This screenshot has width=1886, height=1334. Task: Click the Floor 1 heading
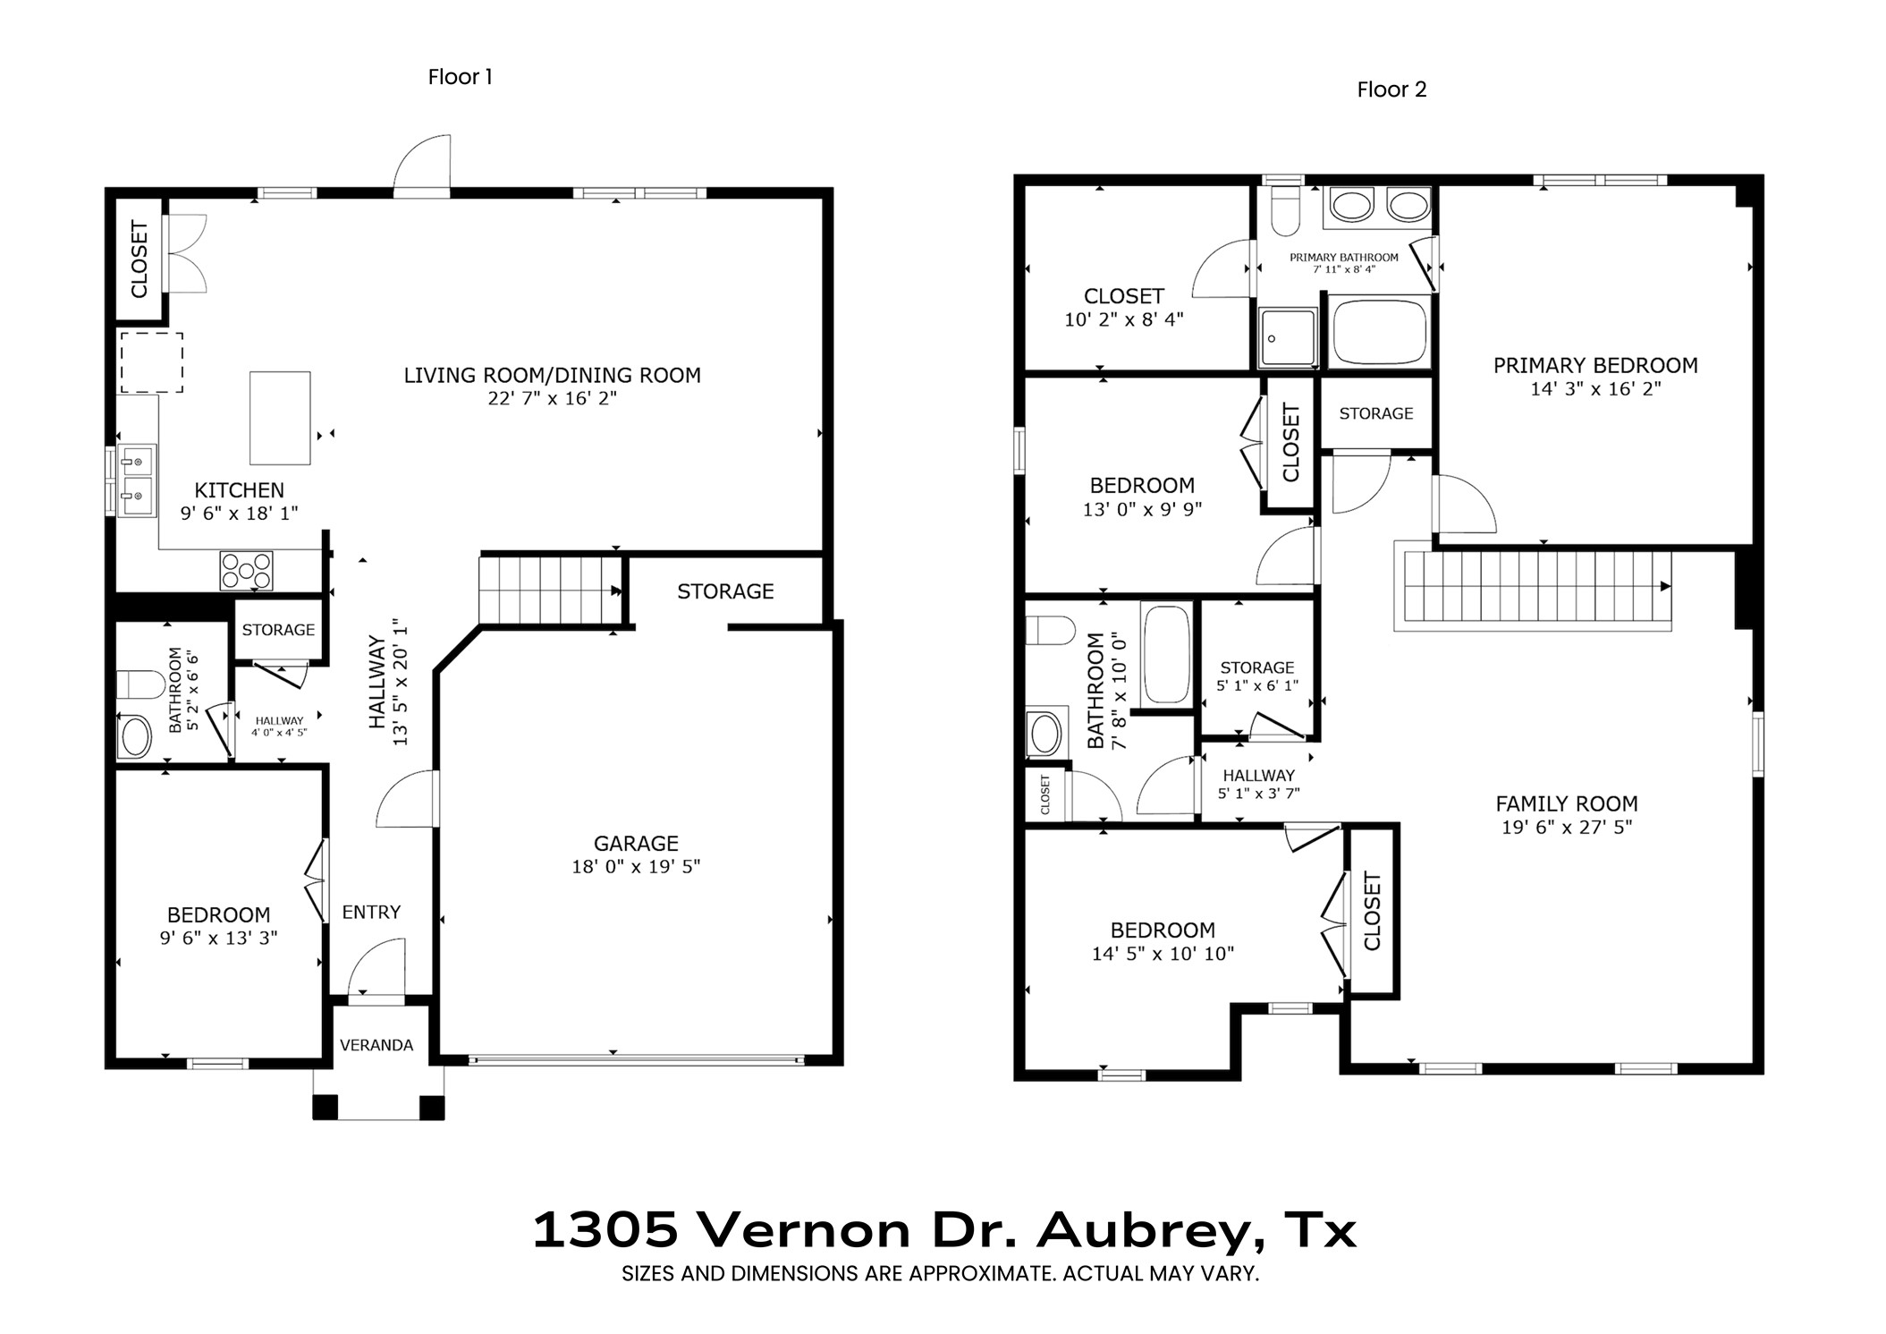[460, 77]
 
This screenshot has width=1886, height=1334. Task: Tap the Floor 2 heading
[1391, 89]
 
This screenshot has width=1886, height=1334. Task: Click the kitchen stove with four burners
[246, 570]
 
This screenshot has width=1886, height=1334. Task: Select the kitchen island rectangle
[280, 418]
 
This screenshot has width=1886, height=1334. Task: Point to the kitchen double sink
[137, 480]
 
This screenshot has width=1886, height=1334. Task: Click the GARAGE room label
[636, 843]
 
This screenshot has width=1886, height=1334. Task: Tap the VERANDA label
[376, 1045]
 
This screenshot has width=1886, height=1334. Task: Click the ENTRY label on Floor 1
[371, 912]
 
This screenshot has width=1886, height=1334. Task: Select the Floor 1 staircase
[549, 590]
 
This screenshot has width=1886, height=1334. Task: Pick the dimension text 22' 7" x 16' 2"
[552, 398]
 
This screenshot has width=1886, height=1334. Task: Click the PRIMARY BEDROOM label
[1594, 365]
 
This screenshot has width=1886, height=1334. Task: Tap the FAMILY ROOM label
[1566, 803]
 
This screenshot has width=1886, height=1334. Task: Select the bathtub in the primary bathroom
[1379, 332]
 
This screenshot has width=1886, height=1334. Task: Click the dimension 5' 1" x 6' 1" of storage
[1256, 685]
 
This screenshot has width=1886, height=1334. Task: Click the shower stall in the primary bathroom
[1288, 337]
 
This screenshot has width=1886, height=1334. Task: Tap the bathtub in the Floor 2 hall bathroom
[1166, 655]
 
